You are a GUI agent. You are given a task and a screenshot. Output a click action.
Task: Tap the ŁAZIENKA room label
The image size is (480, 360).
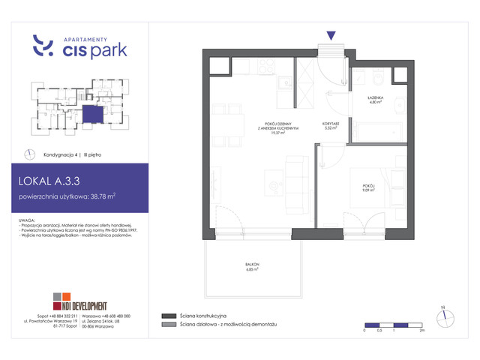(x=376, y=98)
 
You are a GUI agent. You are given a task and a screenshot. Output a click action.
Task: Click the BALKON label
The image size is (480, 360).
(x=251, y=265)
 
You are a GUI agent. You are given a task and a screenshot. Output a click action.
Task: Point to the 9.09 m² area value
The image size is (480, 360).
(x=367, y=190)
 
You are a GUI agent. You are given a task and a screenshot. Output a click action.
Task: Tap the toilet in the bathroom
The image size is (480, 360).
(x=377, y=77)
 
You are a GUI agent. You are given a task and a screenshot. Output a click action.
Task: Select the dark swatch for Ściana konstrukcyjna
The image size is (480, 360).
(x=167, y=316)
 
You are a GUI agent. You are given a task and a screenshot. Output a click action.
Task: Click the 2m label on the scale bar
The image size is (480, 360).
(x=422, y=331)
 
